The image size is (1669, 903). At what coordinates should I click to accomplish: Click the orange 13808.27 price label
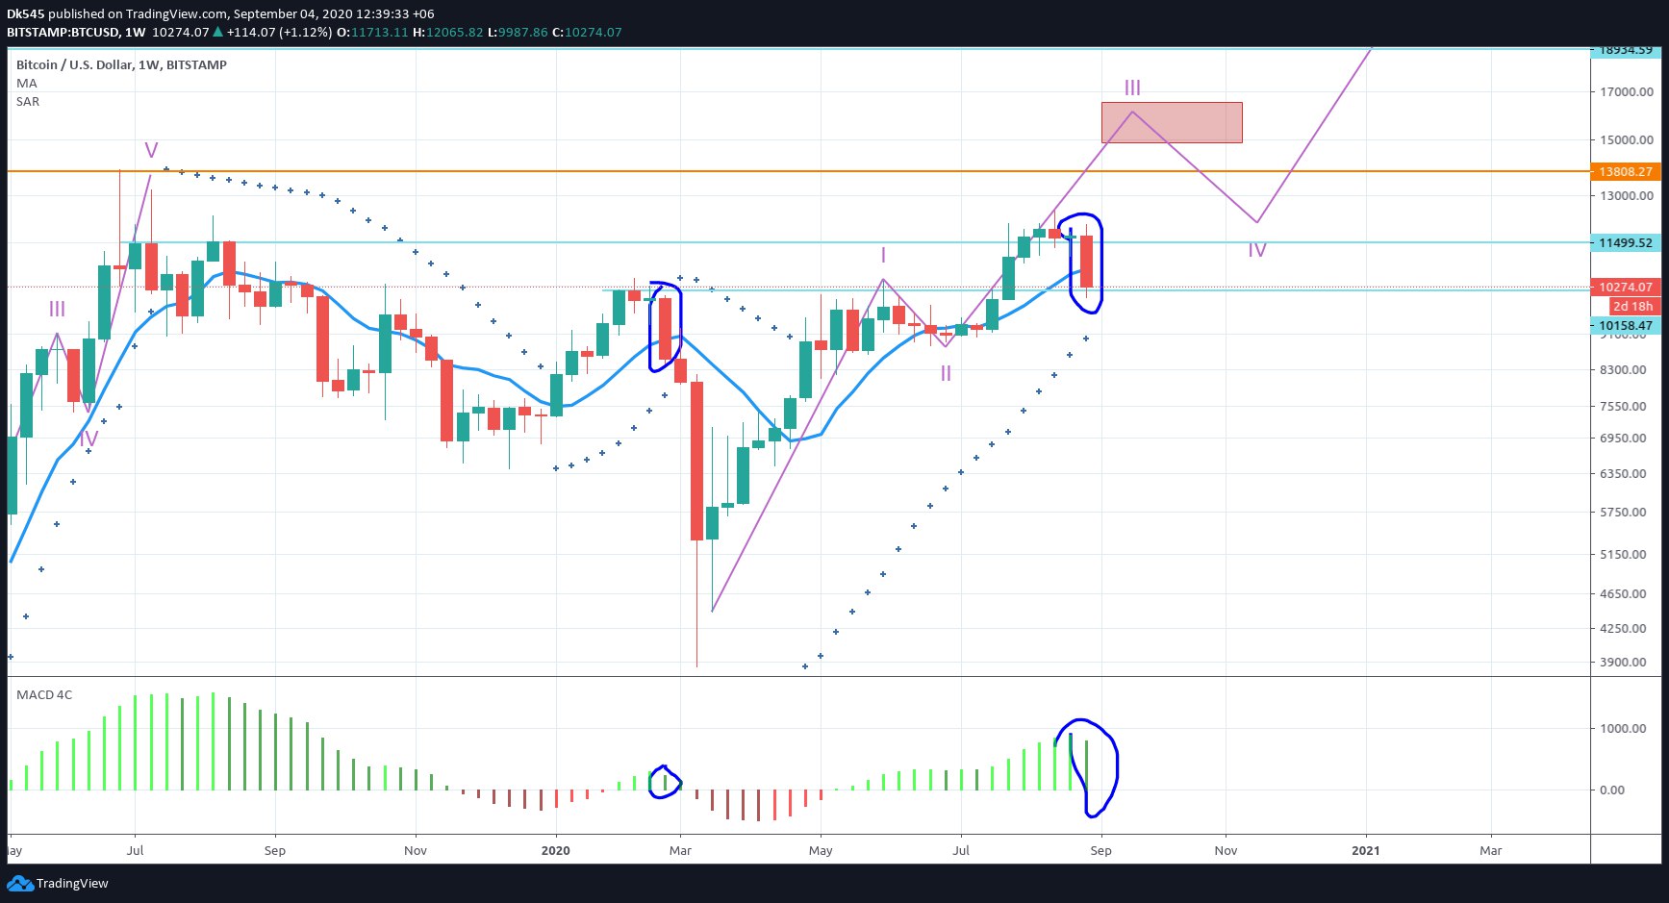1625,172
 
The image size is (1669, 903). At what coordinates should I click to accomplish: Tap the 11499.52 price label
1625,243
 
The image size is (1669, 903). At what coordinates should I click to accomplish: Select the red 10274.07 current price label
1625,287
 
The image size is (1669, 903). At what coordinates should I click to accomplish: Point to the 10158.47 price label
1625,326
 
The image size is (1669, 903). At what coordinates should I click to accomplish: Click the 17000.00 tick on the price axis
1627,92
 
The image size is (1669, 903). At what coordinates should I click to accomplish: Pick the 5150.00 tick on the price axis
1627,555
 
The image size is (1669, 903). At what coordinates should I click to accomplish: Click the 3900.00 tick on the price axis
1627,663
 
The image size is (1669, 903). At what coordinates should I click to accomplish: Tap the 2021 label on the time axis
1365,851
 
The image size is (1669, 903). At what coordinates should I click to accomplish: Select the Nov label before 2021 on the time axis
1226,851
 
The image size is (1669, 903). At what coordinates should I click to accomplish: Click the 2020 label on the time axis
555,851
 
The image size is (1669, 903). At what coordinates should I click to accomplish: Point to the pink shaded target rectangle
1172,123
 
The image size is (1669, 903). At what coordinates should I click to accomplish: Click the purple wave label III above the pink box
1132,88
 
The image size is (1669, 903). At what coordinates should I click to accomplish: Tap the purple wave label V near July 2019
151,150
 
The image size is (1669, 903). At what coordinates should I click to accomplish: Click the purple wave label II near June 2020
946,373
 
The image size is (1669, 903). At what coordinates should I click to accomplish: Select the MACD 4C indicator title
44,695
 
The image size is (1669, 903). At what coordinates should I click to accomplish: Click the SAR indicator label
28,102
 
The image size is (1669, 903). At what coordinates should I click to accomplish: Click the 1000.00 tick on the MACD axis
1625,729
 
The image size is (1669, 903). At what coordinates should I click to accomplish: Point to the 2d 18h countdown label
1632,307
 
